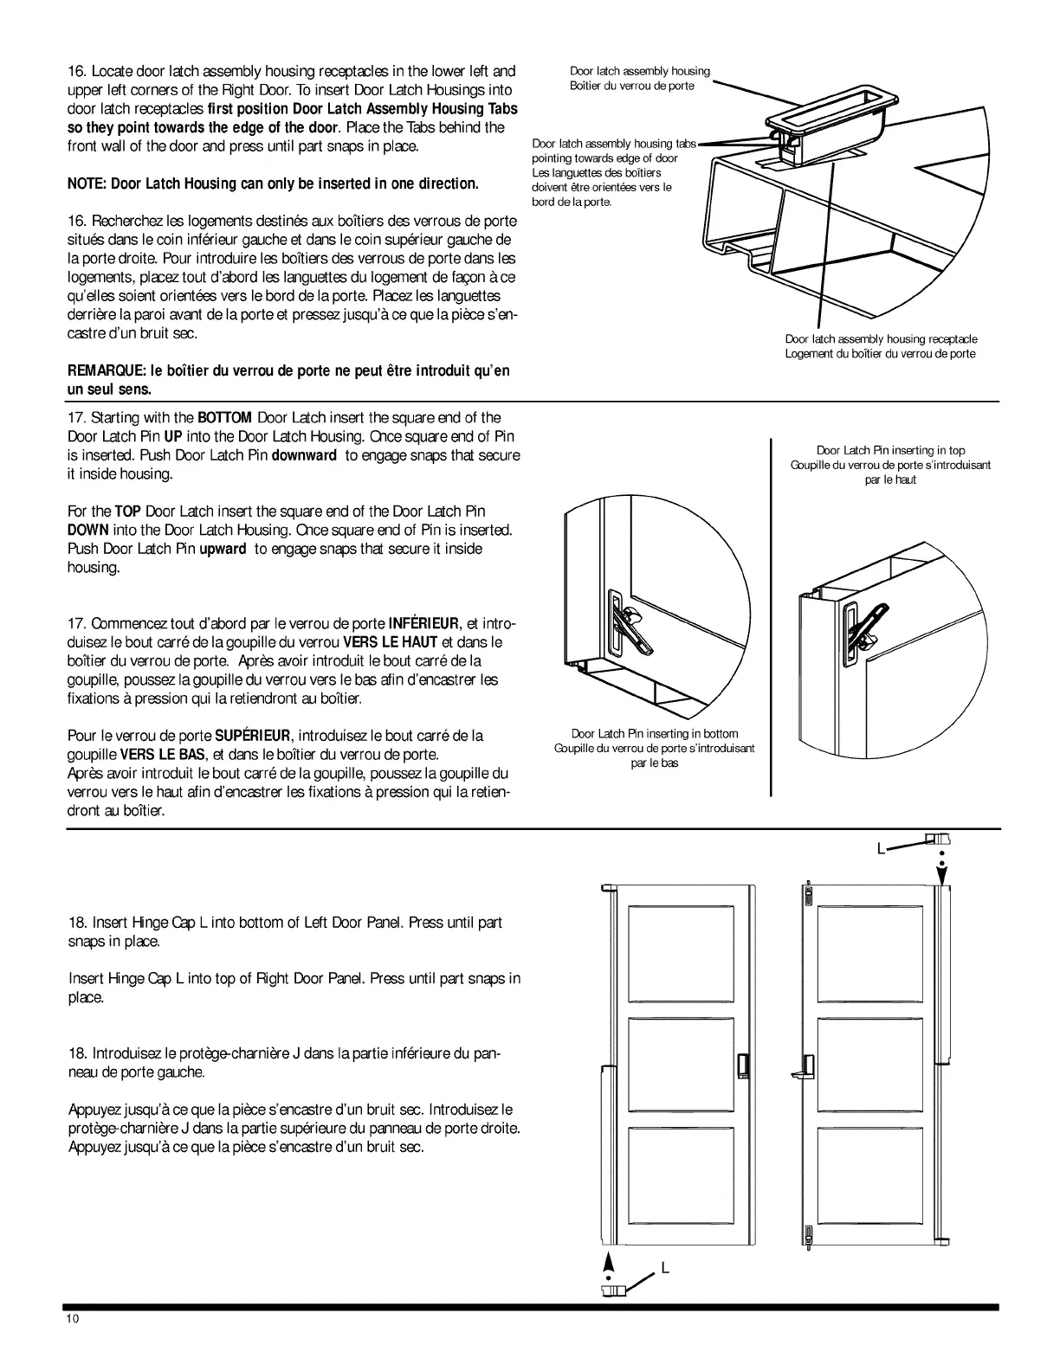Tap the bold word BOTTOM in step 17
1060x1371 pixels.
[x=225, y=418]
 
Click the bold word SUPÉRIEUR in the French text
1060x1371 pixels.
[x=252, y=737]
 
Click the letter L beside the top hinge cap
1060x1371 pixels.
[x=880, y=849]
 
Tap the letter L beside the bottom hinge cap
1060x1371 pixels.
[x=665, y=1268]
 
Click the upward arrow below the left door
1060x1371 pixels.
[x=609, y=1260]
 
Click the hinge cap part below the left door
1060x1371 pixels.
[x=611, y=1290]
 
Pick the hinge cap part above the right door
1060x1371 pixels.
[x=939, y=838]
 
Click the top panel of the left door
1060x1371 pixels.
[x=681, y=955]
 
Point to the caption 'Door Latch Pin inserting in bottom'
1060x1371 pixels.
[x=655, y=734]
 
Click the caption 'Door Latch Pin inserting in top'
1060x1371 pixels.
[x=890, y=450]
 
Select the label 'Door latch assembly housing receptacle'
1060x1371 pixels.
[x=881, y=339]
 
